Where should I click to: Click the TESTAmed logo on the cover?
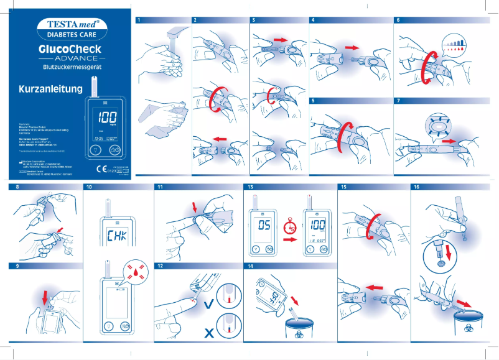(x=68, y=25)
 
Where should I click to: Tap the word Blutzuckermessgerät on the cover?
(x=68, y=66)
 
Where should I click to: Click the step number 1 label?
(x=138, y=20)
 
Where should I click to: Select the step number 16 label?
(x=416, y=187)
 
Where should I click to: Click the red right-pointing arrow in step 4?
(x=353, y=47)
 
